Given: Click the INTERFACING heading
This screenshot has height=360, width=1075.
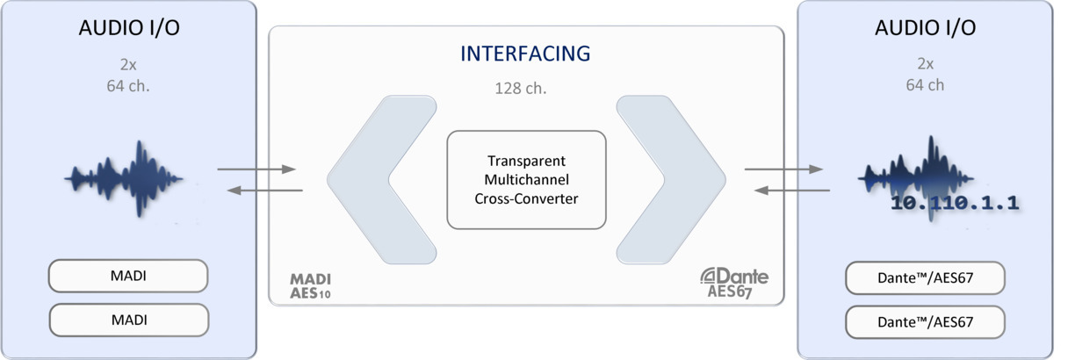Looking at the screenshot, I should (x=525, y=54).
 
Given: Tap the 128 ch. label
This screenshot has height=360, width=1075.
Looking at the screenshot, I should (x=525, y=88).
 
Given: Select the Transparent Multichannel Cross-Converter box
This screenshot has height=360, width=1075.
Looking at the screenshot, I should (x=526, y=180).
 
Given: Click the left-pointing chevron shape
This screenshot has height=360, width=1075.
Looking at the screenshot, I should (x=379, y=180).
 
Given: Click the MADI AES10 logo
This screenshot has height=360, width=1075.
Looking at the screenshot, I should (x=311, y=285).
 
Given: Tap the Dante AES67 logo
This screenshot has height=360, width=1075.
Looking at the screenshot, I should (x=734, y=283).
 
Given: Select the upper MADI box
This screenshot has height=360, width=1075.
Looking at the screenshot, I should (x=128, y=276).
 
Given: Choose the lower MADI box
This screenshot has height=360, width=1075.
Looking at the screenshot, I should (x=128, y=320).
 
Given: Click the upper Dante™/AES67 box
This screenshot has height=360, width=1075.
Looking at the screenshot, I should (x=925, y=278).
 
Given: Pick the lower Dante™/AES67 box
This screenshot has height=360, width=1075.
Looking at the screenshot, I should (x=925, y=322).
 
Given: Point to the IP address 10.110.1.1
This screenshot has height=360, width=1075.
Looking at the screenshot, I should (x=955, y=204).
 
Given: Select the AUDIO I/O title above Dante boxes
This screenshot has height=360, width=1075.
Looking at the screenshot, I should (x=925, y=28).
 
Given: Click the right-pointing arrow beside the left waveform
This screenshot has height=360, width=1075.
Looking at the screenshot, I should (x=256, y=169).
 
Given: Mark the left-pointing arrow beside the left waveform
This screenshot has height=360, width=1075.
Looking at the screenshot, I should (x=264, y=190).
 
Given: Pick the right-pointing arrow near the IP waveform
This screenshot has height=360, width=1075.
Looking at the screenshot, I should (x=783, y=169).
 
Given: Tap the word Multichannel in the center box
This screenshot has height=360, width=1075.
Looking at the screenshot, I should (x=526, y=180).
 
